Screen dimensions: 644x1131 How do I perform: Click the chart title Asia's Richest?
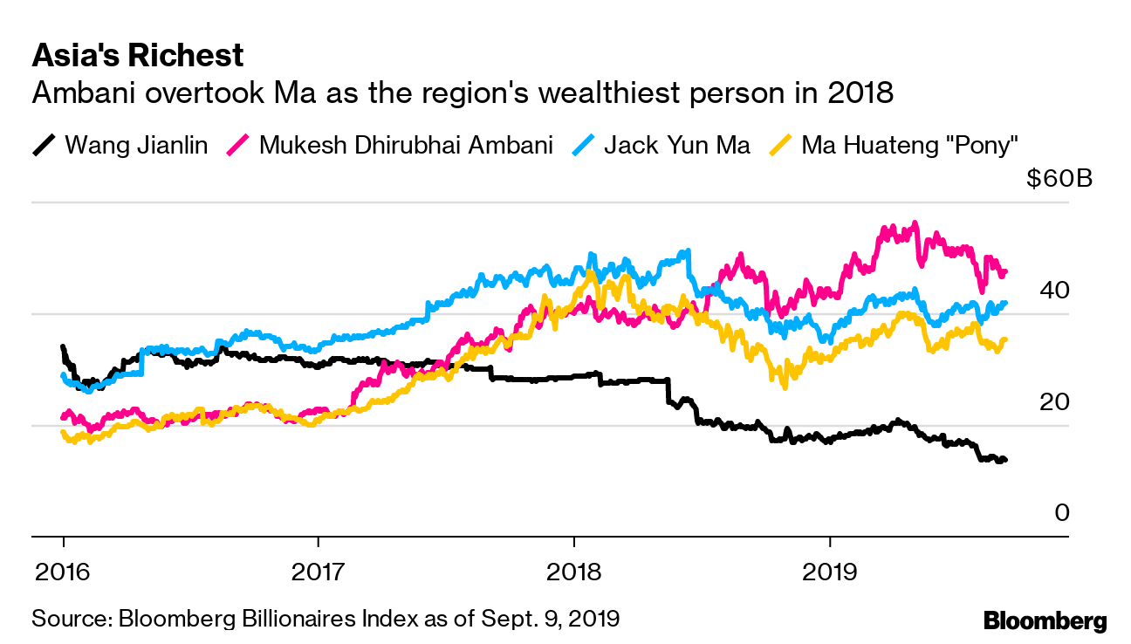click(x=137, y=56)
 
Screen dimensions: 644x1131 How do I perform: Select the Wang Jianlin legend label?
click(x=136, y=144)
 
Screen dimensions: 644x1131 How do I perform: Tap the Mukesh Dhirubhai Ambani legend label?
click(x=406, y=144)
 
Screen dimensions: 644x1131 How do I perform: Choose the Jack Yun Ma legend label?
click(x=676, y=144)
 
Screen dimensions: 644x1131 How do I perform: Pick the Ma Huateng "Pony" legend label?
click(x=910, y=144)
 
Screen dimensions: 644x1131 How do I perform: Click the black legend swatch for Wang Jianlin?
click(x=44, y=144)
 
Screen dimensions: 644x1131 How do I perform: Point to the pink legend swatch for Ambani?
click(x=237, y=144)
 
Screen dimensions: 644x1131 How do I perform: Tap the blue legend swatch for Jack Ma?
click(x=581, y=144)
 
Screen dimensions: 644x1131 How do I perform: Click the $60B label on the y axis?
click(x=1059, y=179)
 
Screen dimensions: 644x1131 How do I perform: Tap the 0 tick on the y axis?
click(x=1061, y=513)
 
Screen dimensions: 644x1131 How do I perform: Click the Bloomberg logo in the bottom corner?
click(x=1045, y=620)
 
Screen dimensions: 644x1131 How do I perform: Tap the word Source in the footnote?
click(x=68, y=620)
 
